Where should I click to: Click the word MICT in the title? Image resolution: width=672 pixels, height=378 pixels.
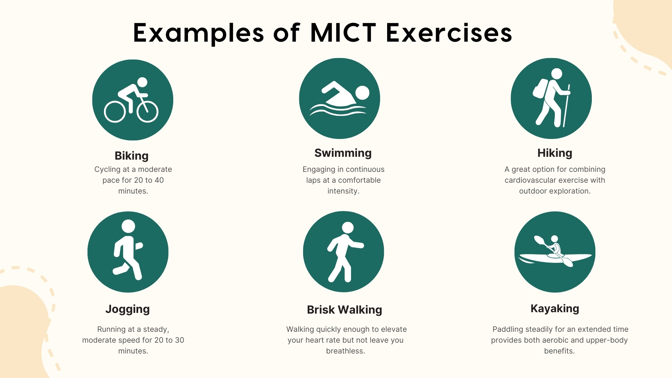tap(343, 33)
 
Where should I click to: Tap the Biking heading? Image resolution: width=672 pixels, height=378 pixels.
tap(132, 156)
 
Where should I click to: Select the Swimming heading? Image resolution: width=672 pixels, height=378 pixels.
tap(343, 153)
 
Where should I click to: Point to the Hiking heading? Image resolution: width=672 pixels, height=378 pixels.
tap(555, 153)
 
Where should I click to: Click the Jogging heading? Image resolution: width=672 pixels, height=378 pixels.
tap(127, 309)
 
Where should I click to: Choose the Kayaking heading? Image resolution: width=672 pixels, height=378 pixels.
tap(555, 308)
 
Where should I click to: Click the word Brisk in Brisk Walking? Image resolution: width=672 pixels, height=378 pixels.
tap(321, 310)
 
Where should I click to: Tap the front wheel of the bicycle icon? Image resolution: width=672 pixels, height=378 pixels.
tap(147, 112)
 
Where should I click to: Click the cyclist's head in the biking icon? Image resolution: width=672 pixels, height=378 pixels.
tap(142, 82)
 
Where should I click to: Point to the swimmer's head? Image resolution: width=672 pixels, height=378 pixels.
tap(362, 93)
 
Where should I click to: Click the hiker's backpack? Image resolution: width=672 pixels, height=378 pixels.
tap(540, 88)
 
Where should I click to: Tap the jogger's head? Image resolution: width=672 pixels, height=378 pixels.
tap(128, 226)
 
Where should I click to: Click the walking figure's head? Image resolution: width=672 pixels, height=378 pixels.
tap(348, 227)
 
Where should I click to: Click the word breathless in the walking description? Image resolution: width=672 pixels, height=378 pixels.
tap(345, 351)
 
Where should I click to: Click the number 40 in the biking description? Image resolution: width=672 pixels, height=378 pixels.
tap(159, 180)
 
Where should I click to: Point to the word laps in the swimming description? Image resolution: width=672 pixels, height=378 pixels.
tap(313, 180)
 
